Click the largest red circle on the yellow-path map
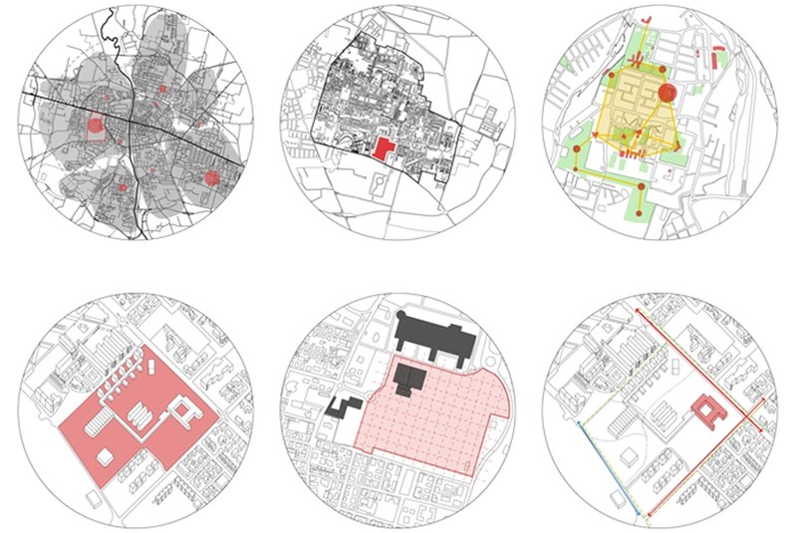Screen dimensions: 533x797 click(x=667, y=94)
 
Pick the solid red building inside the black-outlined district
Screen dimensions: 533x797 click(x=383, y=148)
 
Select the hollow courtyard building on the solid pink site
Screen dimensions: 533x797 click(x=183, y=409)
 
